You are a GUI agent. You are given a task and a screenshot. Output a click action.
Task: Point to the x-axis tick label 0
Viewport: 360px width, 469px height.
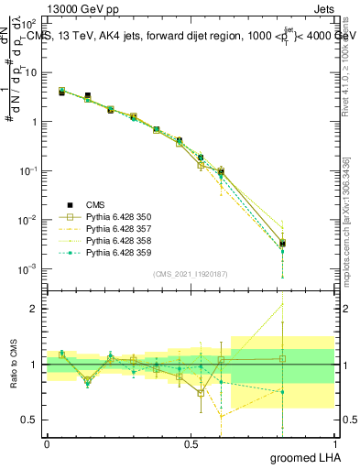tap(47, 442)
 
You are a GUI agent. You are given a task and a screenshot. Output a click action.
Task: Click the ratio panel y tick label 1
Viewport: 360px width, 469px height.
tap(35, 365)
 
